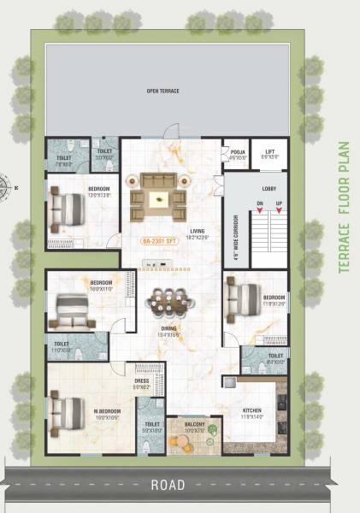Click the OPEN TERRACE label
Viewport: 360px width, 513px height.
click(x=162, y=90)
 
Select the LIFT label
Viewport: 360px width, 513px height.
click(x=269, y=154)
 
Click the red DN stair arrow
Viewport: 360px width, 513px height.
click(x=259, y=211)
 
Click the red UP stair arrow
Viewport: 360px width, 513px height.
click(x=279, y=211)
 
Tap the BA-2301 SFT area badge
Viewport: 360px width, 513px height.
click(x=158, y=241)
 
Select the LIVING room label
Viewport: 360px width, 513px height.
click(x=198, y=233)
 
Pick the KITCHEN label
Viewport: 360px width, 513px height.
click(x=251, y=412)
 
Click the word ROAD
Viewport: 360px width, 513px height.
click(x=168, y=485)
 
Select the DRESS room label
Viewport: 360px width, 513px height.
click(x=141, y=384)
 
